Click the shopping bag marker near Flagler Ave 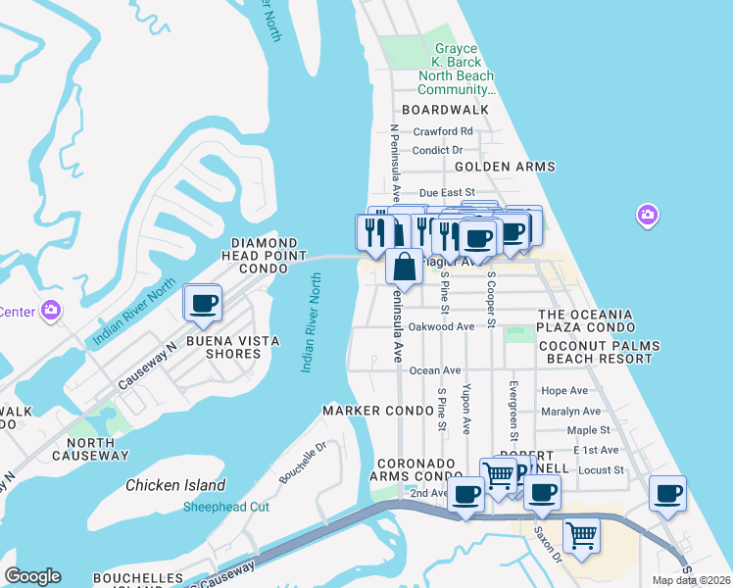[x=404, y=266]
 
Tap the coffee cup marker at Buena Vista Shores [x=203, y=304]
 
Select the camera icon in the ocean [x=646, y=215]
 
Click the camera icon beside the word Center [x=51, y=312]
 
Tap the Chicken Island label [x=175, y=485]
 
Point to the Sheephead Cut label [x=226, y=507]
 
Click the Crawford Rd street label [x=443, y=131]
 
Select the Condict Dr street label [x=437, y=150]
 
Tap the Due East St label [x=447, y=193]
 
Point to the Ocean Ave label [x=435, y=370]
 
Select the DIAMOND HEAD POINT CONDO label [x=265, y=256]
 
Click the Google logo [x=32, y=576]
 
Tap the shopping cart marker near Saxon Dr [x=582, y=536]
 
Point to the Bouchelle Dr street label [x=302, y=460]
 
